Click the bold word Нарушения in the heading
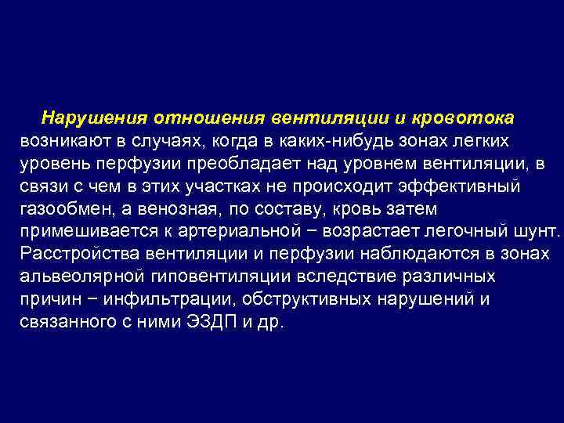click(96, 117)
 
